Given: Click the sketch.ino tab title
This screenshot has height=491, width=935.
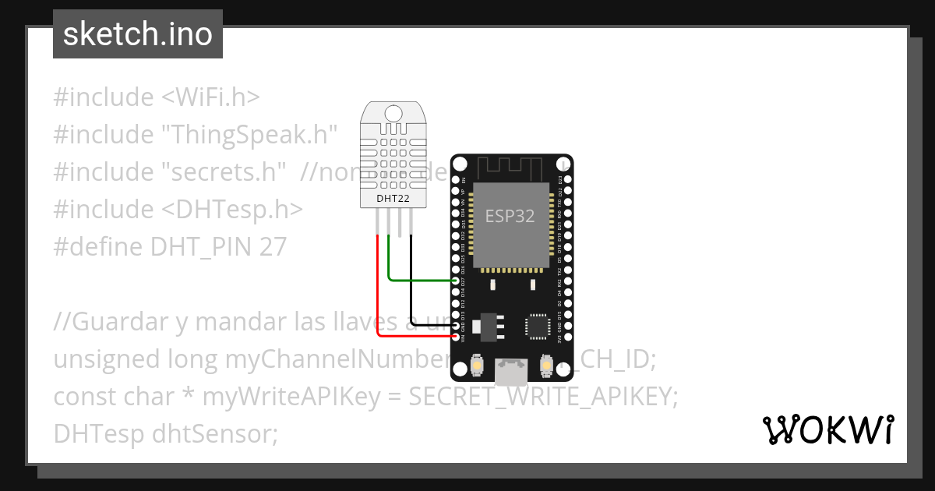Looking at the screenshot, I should click(x=138, y=34).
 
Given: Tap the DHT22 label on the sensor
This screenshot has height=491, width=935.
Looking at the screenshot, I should click(x=393, y=198).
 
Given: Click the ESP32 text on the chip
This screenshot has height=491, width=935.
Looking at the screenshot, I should click(x=510, y=216).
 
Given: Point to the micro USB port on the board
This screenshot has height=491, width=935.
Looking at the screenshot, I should click(x=510, y=372).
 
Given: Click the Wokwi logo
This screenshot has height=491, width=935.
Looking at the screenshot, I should click(x=827, y=429).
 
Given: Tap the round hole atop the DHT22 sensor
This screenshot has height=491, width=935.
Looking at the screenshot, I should click(x=394, y=114).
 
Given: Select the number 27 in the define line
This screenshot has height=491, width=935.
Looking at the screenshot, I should click(x=273, y=247).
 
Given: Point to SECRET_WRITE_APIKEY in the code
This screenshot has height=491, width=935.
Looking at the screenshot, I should click(x=543, y=397).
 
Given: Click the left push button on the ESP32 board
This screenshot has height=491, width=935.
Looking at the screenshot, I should click(x=477, y=365).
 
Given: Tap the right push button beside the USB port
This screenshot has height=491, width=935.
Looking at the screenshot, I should click(x=547, y=365).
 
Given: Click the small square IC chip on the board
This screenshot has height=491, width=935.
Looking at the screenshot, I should click(x=538, y=325).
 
